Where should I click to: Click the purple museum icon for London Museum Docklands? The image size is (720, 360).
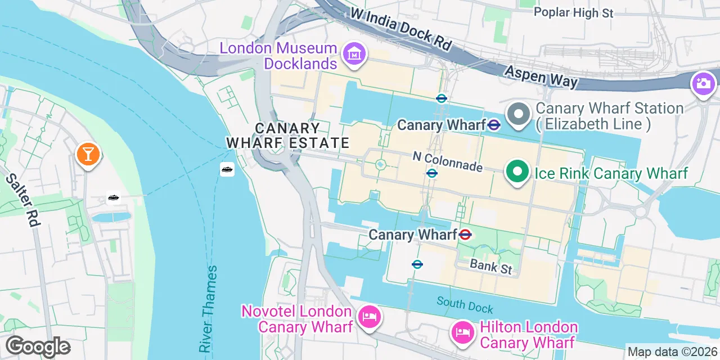(x=354, y=55)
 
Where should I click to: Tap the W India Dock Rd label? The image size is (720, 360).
(x=400, y=29)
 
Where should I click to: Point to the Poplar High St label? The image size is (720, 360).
(x=573, y=12)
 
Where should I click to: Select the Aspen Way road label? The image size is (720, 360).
(x=541, y=76)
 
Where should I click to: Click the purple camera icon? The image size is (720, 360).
(x=703, y=84)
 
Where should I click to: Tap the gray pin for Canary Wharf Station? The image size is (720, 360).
(x=518, y=115)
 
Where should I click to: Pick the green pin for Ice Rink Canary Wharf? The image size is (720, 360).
(x=517, y=172)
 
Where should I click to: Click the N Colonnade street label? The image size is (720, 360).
(x=447, y=162)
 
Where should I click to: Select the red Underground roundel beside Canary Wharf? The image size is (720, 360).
(x=465, y=235)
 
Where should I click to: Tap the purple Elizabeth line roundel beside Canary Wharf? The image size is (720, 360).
(x=494, y=125)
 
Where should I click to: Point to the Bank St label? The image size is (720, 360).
(x=491, y=266)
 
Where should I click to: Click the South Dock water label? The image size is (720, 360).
(x=465, y=305)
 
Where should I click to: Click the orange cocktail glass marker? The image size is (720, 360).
(x=88, y=154)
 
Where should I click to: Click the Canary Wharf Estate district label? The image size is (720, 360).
(x=288, y=136)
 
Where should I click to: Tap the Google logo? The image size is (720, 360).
(x=38, y=347)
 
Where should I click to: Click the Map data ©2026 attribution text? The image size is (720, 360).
(x=673, y=352)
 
